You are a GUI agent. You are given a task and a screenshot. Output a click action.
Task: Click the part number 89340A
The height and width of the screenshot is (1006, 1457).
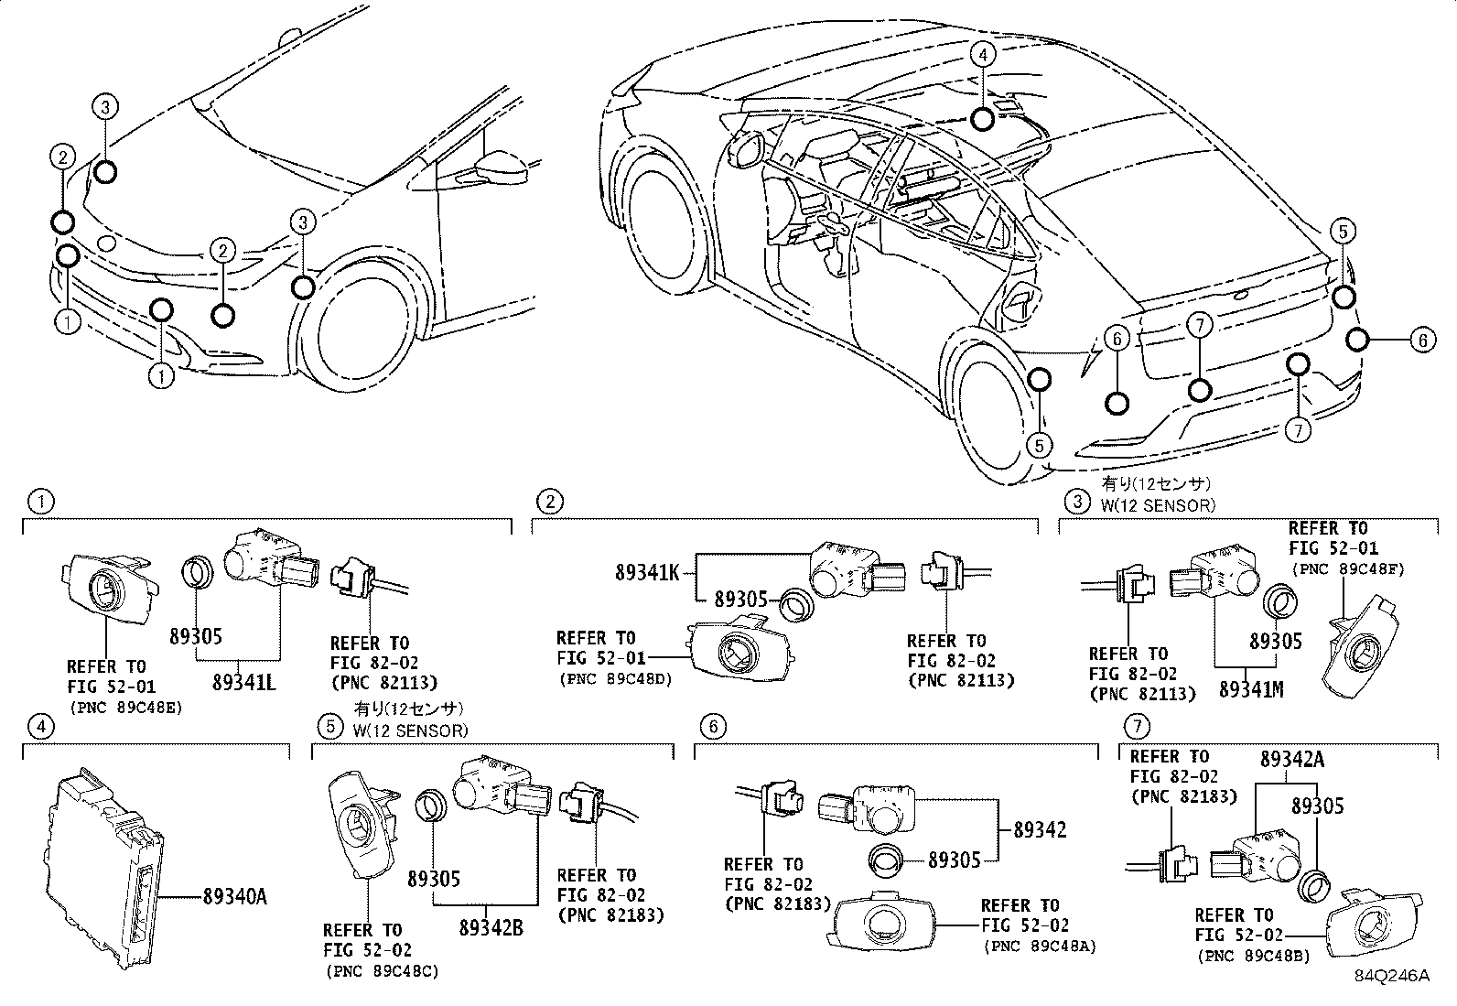coord(230,897)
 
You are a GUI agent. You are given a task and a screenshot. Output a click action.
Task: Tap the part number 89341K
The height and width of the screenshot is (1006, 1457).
coord(647,573)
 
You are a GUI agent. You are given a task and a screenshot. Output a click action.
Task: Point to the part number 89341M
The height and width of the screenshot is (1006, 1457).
coord(1250,689)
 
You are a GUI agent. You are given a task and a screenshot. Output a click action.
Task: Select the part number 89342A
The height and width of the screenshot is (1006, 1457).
coord(1292,760)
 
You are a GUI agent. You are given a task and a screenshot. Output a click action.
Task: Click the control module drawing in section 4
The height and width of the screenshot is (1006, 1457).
coord(103,871)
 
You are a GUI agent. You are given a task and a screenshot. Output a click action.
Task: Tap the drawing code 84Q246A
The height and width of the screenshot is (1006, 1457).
coord(1392,976)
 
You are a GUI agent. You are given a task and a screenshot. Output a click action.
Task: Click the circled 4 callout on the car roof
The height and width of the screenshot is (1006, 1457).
coord(982,55)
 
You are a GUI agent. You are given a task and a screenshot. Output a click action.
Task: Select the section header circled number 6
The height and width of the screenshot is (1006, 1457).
coord(713,728)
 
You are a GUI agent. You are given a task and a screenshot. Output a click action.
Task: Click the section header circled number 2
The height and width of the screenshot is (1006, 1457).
coord(548,502)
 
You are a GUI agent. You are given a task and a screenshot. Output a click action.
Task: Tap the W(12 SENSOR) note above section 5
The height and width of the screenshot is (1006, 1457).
coord(409,730)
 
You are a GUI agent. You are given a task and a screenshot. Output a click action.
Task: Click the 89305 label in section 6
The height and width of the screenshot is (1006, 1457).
coord(955,860)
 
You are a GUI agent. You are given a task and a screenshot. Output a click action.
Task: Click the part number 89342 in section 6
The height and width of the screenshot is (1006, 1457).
coord(1040,830)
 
